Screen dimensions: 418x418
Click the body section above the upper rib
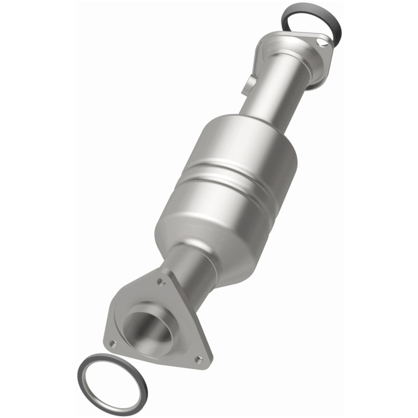click(x=245, y=144)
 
